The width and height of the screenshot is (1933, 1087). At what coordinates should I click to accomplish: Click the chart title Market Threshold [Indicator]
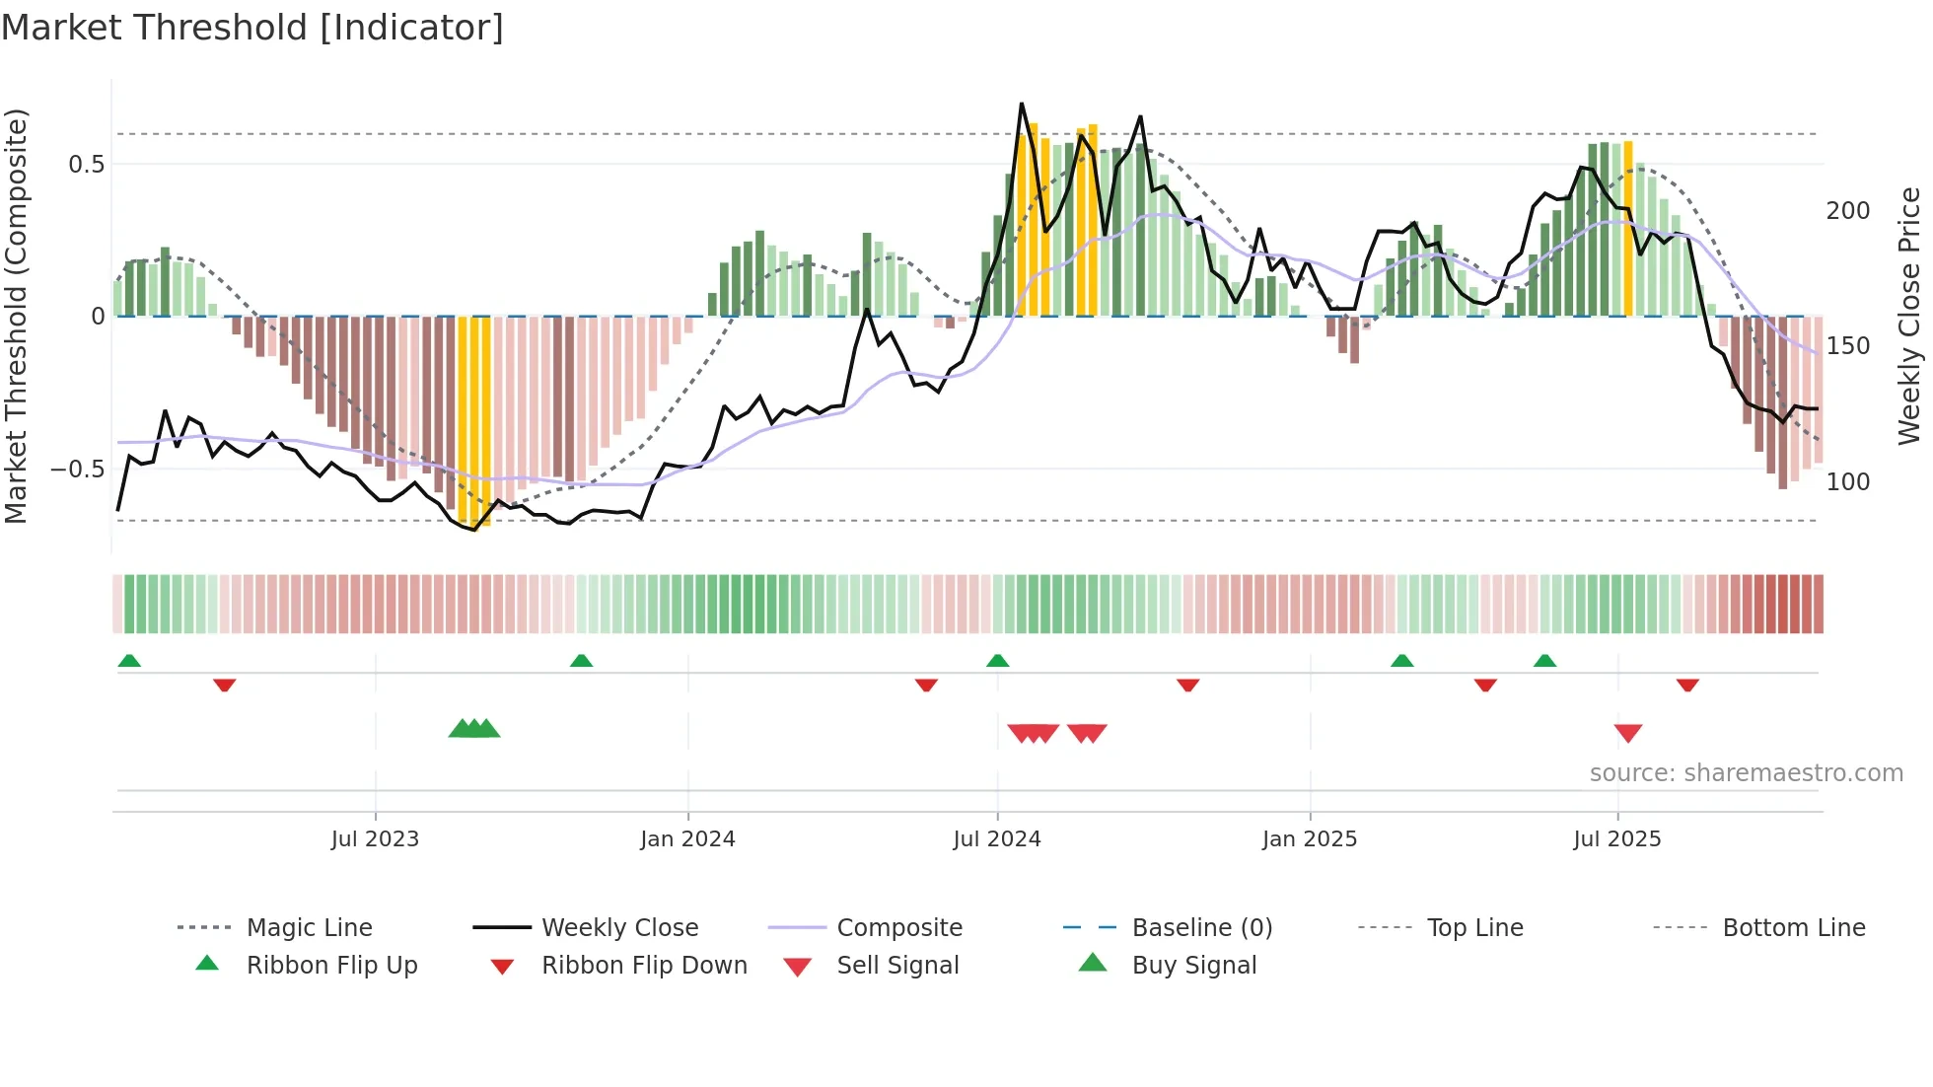pyautogui.click(x=252, y=28)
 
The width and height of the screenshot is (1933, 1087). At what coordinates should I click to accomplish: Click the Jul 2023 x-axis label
pyautogui.click(x=375, y=839)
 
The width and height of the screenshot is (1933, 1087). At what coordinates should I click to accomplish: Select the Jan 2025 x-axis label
pyautogui.click(x=1310, y=839)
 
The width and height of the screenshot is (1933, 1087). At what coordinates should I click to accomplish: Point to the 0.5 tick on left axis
pyautogui.click(x=87, y=165)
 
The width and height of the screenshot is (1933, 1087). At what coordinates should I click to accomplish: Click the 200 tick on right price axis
pyautogui.click(x=1847, y=211)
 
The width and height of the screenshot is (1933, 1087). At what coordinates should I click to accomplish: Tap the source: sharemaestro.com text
pyautogui.click(x=1746, y=773)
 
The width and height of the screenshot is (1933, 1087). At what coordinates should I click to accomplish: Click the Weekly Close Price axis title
pyautogui.click(x=1909, y=316)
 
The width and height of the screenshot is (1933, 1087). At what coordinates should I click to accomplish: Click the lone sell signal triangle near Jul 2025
pyautogui.click(x=1628, y=733)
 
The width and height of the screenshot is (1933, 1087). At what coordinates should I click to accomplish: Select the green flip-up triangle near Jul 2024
pyautogui.click(x=997, y=661)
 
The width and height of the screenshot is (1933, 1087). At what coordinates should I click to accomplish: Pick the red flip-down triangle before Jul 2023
pyautogui.click(x=225, y=685)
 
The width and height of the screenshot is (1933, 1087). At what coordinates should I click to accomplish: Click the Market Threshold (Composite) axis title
pyautogui.click(x=17, y=316)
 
